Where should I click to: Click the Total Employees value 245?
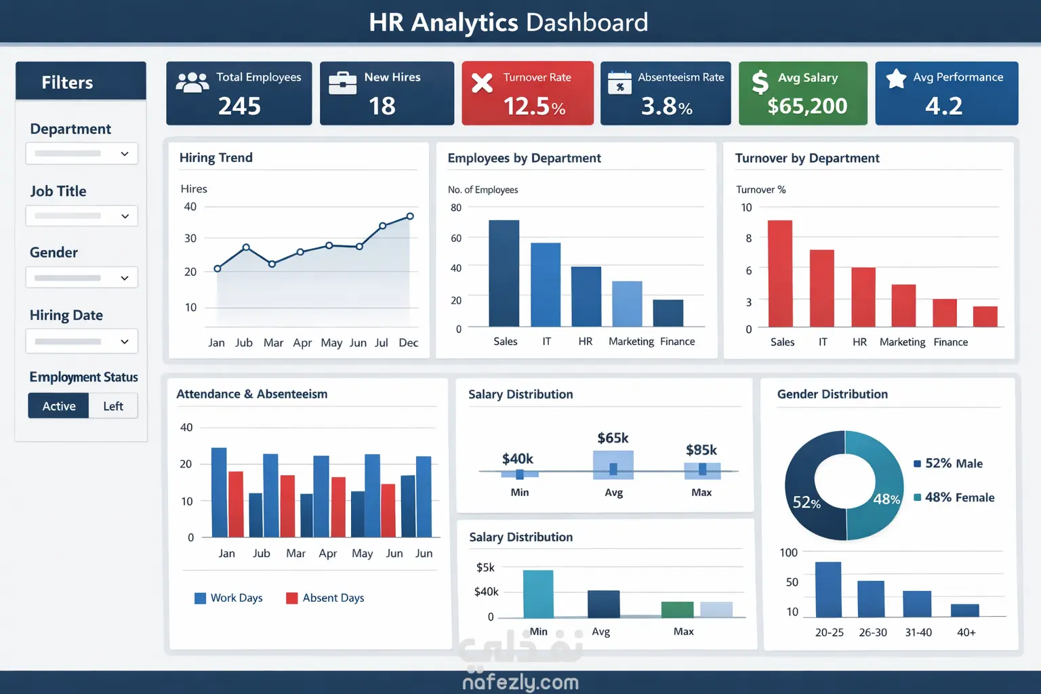tap(239, 106)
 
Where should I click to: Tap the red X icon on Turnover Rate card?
tap(482, 83)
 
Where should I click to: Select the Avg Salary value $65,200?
tap(807, 106)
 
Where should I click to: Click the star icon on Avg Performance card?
tap(896, 79)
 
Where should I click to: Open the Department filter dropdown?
tap(82, 154)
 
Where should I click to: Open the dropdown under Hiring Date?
tap(82, 342)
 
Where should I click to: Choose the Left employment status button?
tap(113, 406)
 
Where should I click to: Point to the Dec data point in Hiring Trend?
tap(410, 216)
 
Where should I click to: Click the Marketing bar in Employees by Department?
tap(627, 304)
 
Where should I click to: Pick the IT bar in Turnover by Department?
tap(822, 288)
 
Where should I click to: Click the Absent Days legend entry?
tap(325, 598)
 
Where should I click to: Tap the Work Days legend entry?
tap(228, 598)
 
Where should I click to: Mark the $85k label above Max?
tap(701, 450)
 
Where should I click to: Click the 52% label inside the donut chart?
tap(807, 502)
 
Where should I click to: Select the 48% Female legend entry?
tap(954, 497)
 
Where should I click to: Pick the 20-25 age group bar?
tap(828, 589)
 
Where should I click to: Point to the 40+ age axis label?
tap(966, 632)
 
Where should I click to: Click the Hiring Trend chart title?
tap(216, 158)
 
